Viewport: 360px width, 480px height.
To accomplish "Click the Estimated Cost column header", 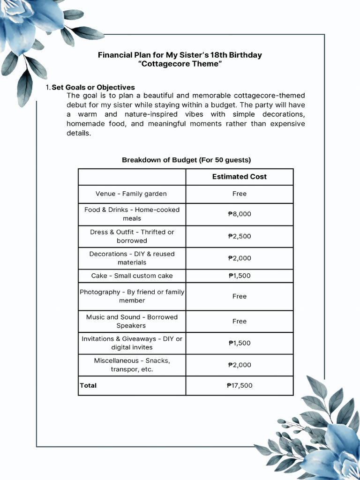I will pyautogui.click(x=239, y=177).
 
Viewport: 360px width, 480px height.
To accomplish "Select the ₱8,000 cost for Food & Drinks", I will pyautogui.click(x=239, y=214).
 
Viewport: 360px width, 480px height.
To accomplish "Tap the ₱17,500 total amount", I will pyautogui.click(x=239, y=386).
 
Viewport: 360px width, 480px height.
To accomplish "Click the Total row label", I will pyautogui.click(x=88, y=386).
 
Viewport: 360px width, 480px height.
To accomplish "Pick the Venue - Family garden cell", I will pyautogui.click(x=131, y=194).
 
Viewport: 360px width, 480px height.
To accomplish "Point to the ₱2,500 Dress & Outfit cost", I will pyautogui.click(x=239, y=236).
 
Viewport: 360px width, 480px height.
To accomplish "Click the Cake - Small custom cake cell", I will pyautogui.click(x=132, y=276).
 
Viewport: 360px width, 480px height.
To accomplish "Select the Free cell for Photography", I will pyautogui.click(x=239, y=296).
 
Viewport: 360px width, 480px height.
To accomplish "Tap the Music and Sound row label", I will pyautogui.click(x=132, y=322).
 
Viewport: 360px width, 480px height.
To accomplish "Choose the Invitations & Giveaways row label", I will pyautogui.click(x=132, y=343).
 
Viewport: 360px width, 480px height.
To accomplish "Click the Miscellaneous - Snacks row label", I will pyautogui.click(x=132, y=365).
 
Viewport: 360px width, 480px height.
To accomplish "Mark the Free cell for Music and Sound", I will pyautogui.click(x=239, y=322).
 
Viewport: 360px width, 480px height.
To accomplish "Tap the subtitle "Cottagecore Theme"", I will pyautogui.click(x=180, y=64).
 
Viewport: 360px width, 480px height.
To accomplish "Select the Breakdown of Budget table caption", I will pyautogui.click(x=186, y=160).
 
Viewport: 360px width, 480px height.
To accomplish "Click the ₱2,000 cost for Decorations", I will pyautogui.click(x=239, y=258).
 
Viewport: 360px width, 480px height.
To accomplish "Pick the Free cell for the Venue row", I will pyautogui.click(x=239, y=194).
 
